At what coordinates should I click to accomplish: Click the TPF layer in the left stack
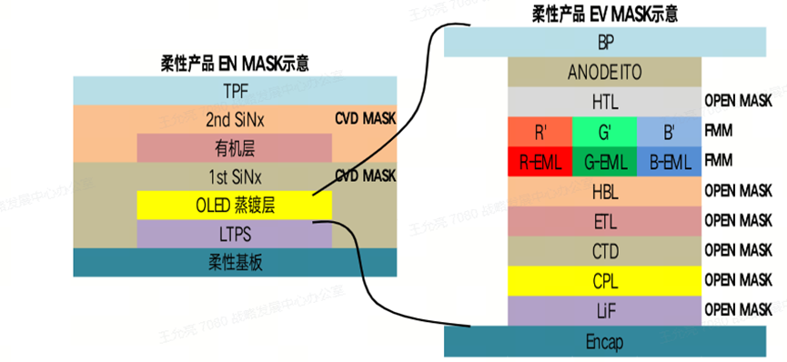click(x=235, y=91)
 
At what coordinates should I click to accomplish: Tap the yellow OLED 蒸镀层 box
click(x=235, y=206)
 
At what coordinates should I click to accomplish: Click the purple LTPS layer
click(x=235, y=234)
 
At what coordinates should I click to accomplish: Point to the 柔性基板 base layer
click(x=235, y=263)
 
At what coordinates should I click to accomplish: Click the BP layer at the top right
click(x=605, y=42)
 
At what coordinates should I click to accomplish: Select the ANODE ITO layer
click(x=605, y=72)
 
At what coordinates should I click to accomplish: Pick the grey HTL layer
click(x=605, y=102)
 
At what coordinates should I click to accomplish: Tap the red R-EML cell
click(x=540, y=161)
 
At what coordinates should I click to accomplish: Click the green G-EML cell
click(x=604, y=161)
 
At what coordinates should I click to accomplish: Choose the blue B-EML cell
click(x=669, y=161)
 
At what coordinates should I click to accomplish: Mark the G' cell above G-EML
click(x=604, y=132)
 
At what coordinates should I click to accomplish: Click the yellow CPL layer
click(x=605, y=280)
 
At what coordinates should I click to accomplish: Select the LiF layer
click(x=605, y=310)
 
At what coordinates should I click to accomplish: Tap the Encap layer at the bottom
click(x=605, y=342)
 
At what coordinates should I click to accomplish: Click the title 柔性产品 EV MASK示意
click(x=604, y=13)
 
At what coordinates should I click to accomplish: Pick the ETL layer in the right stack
click(x=605, y=220)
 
